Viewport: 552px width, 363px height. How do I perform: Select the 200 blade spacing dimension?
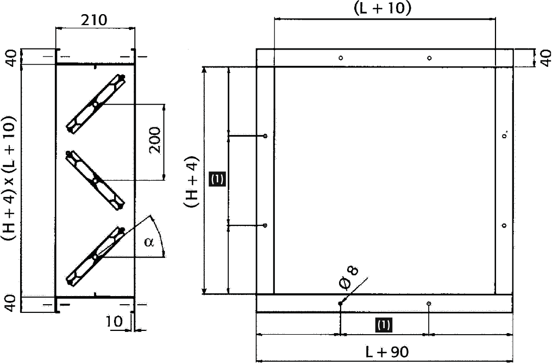[x=155, y=141]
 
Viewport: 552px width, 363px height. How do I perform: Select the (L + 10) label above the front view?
[x=382, y=8]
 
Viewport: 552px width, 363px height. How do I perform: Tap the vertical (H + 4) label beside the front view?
[x=191, y=182]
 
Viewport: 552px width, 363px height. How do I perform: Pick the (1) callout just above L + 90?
[x=384, y=325]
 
